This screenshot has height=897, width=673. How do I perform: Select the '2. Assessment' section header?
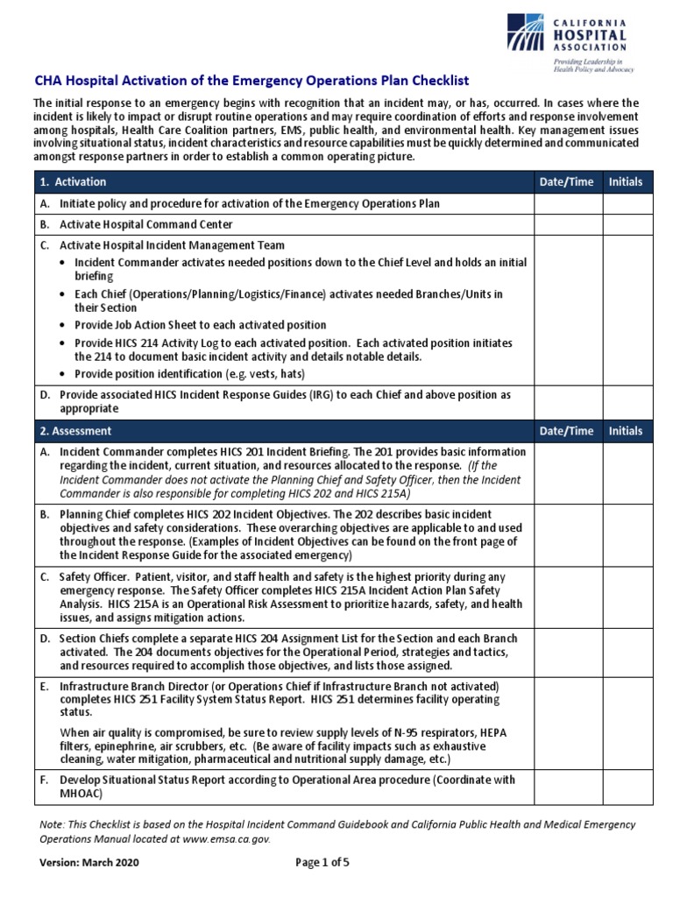pos(75,431)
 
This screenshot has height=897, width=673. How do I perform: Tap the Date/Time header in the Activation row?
pos(567,182)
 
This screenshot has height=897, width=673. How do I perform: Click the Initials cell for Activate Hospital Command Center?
pos(627,224)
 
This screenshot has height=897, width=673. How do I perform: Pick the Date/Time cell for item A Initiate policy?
pos(567,203)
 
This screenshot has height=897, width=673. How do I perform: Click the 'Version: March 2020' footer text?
pos(88,862)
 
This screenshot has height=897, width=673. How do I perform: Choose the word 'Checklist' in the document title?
pos(425,80)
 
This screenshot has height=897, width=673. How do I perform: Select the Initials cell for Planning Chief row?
pos(627,534)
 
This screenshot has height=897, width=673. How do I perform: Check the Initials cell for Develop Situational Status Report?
pos(627,787)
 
